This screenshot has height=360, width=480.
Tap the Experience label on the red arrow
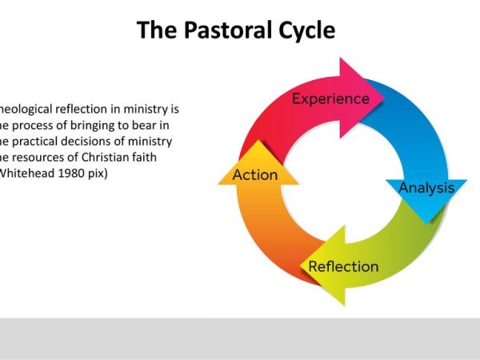(330, 99)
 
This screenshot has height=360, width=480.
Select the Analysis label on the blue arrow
(426, 189)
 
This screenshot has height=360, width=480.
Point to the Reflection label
(344, 266)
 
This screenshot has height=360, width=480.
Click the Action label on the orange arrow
(255, 174)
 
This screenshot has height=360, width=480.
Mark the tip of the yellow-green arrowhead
(301, 265)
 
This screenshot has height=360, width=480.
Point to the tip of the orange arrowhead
(258, 142)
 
